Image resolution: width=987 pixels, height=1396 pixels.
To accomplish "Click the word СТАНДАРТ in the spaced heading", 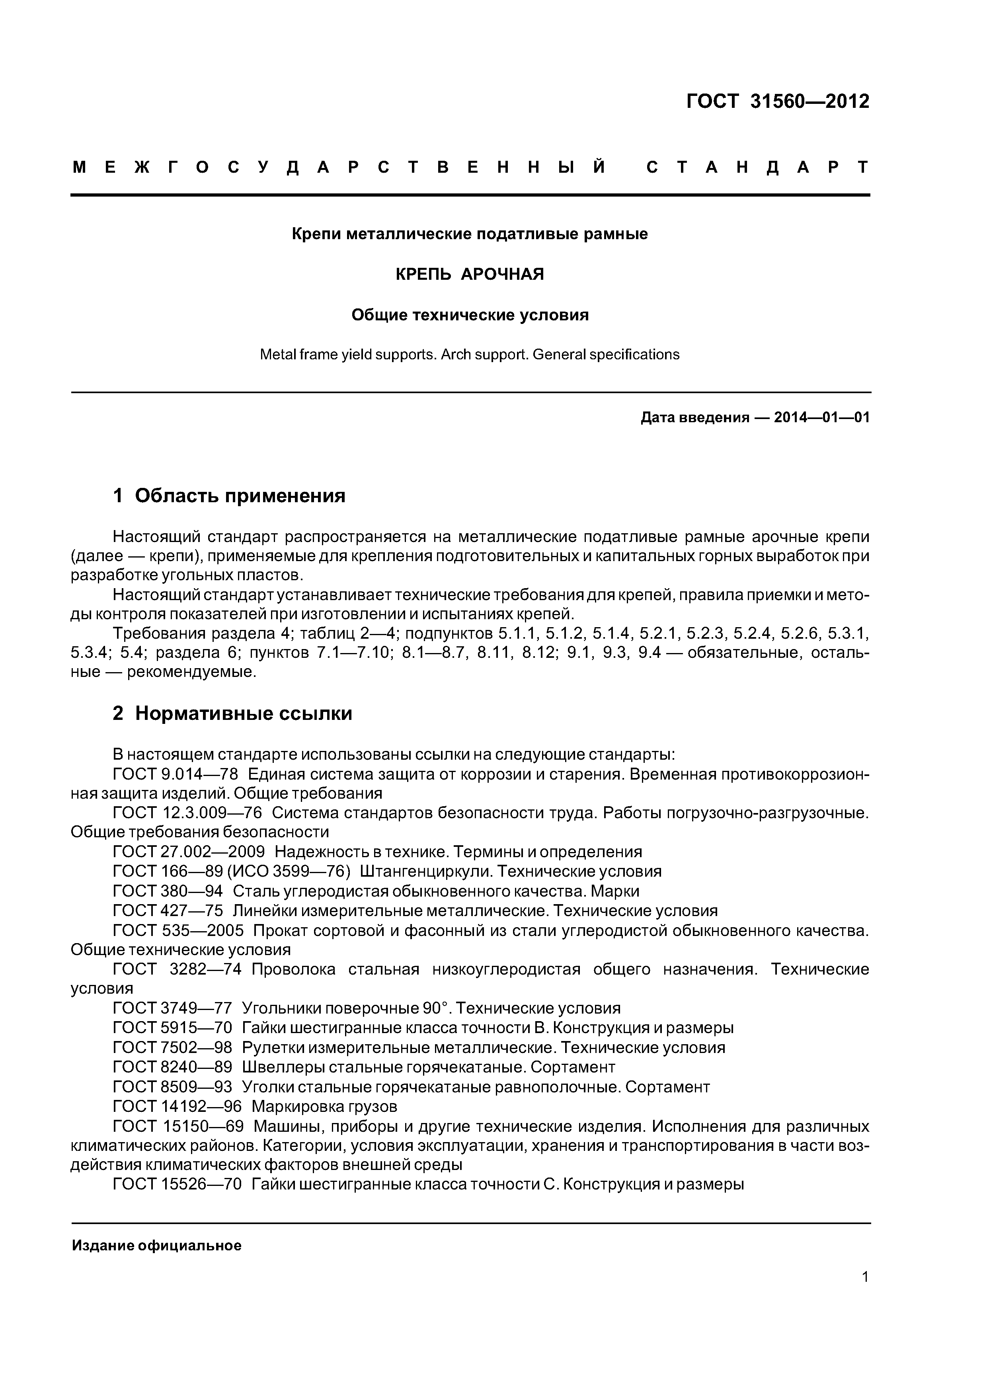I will (x=758, y=167).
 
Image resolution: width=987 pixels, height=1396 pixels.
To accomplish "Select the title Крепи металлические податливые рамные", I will (x=470, y=234).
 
